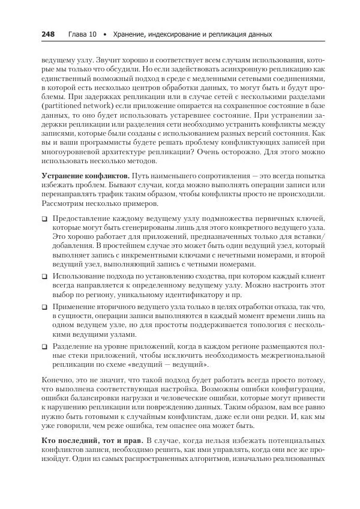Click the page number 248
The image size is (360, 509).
48,35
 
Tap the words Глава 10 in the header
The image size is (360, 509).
82,35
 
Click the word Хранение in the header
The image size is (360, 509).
128,35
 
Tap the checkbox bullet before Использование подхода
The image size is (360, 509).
45,277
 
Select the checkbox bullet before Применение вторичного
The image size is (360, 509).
45,306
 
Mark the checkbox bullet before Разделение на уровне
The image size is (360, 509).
45,346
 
